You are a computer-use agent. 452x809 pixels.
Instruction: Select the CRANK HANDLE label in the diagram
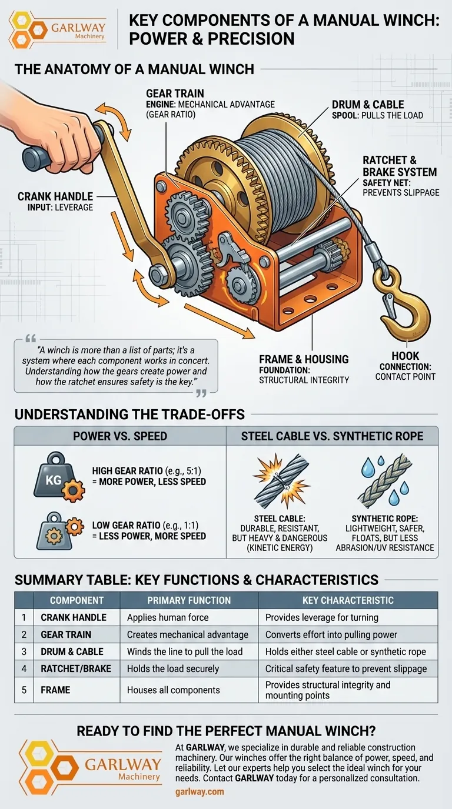pos(55,196)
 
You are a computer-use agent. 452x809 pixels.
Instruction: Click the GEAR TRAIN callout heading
pos(175,93)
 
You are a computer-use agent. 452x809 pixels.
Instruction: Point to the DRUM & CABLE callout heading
pos(368,105)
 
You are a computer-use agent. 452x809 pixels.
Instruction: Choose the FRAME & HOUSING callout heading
pos(304,359)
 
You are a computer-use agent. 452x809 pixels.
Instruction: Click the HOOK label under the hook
pos(406,356)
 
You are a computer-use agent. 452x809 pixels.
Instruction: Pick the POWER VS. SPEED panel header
pos(120,436)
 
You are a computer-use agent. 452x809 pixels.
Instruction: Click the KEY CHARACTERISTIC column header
pos(348,600)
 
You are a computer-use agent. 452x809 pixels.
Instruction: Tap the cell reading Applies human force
pos(168,617)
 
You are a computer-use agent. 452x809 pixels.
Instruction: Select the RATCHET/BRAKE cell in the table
pos(76,669)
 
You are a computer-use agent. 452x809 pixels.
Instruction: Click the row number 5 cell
pos(24,690)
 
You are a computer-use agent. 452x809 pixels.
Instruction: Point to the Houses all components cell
pos(173,690)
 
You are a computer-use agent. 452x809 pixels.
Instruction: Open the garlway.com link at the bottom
pos(200,792)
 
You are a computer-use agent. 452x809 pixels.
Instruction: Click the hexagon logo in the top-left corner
pos(28,29)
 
